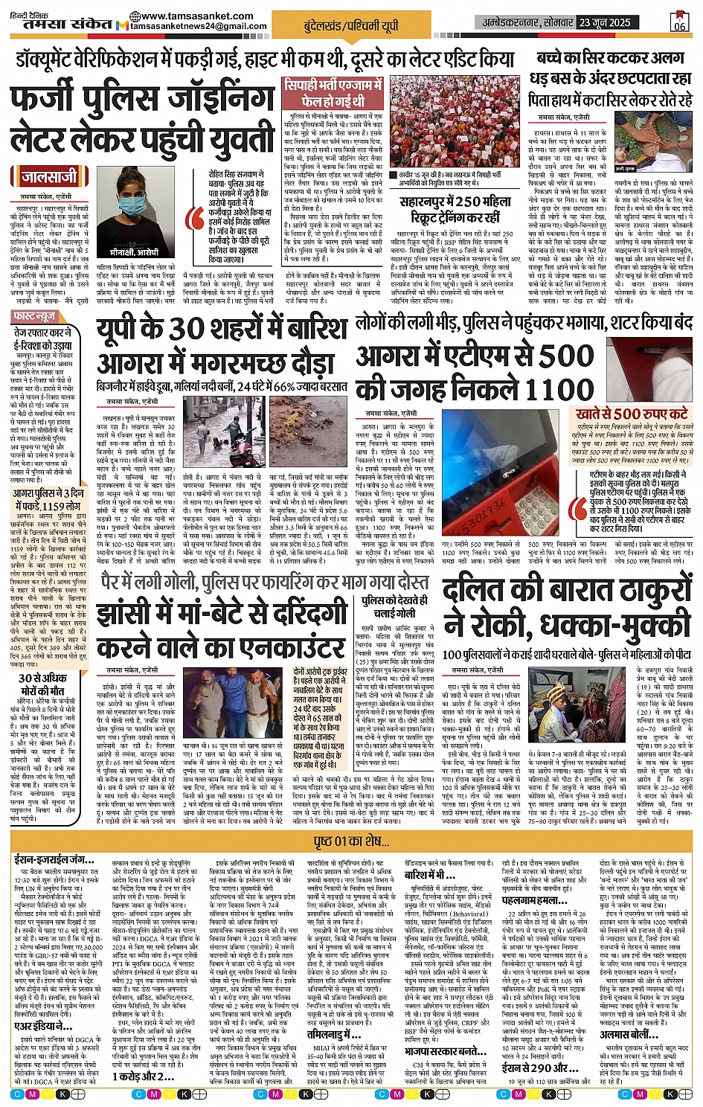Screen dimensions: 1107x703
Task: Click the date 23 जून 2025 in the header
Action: point(606,22)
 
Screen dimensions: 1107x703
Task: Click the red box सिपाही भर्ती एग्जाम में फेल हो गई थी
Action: point(333,93)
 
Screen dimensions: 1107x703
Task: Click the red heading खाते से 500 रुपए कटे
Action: point(631,412)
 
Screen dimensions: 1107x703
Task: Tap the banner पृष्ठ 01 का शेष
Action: point(351,841)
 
